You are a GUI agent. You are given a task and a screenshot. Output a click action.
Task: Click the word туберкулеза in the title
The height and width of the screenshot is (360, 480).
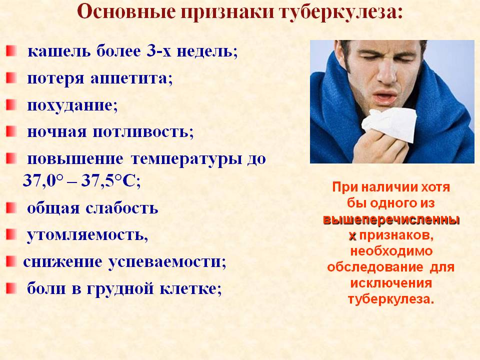pos(341,13)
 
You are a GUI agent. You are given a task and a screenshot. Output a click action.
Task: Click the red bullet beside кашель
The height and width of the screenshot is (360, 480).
pos(10,50)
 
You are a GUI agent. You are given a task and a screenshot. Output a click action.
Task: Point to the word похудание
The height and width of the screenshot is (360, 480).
pos(72,105)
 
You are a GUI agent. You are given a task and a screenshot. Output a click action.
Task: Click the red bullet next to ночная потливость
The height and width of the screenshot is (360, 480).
pos(10,131)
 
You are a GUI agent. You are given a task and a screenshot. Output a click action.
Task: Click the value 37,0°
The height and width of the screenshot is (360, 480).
pos(43,181)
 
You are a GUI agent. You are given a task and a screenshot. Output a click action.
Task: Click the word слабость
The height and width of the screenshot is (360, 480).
pos(122,208)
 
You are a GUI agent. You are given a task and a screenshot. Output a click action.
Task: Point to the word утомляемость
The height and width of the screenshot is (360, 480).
pos(87,235)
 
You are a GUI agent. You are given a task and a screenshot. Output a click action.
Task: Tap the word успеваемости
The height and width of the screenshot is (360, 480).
pos(167,262)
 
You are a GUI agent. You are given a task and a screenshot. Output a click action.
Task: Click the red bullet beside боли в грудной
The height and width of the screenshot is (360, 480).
pos(10,288)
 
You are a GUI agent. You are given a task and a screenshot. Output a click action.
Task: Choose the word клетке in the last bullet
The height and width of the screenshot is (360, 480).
pos(190,288)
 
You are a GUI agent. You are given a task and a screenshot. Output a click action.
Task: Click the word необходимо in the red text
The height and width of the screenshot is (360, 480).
pos(391,251)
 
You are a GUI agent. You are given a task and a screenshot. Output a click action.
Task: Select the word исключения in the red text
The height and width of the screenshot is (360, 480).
pos(391,283)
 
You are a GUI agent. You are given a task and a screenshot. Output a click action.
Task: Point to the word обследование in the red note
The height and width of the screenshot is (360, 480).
pos(375,267)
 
